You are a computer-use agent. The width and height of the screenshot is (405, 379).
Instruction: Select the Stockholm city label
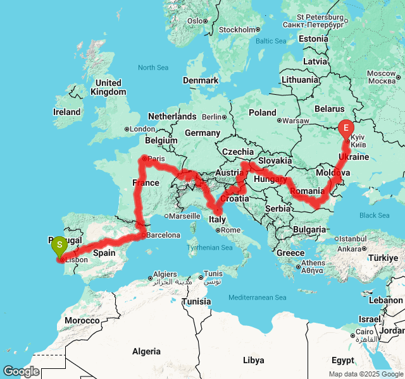pyautogui.click(x=237, y=30)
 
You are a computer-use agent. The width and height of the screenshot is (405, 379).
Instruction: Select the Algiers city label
pyautogui.click(x=166, y=275)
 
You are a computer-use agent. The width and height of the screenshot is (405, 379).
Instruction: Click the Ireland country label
pyautogui.click(x=67, y=112)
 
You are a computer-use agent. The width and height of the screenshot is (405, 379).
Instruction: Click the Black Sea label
pyautogui.click(x=375, y=215)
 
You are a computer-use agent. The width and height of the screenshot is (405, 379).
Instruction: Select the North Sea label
pyautogui.click(x=154, y=68)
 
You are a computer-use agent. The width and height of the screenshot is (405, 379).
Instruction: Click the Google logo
pyautogui.click(x=21, y=371)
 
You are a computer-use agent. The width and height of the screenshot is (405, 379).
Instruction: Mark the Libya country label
pyautogui.click(x=254, y=360)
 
